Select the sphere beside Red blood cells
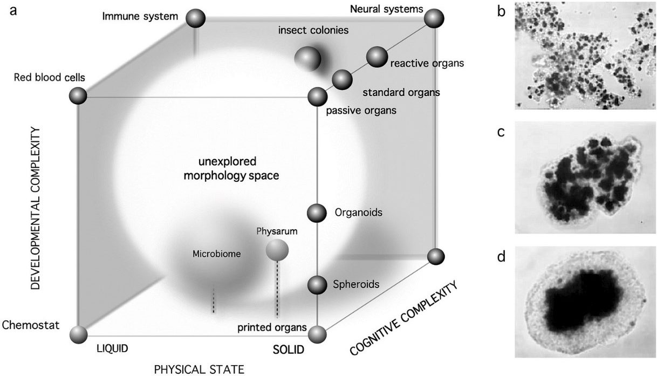coord(78,97)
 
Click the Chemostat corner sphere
coord(79,334)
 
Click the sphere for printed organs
coord(317,334)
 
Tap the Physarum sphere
coord(277,250)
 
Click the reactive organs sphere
coord(377,57)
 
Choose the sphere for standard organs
coord(343,80)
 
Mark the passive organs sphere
coord(317,97)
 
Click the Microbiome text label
coord(216,253)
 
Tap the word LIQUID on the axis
coord(112,348)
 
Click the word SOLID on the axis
coord(289,350)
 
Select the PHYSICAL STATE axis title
coord(199,369)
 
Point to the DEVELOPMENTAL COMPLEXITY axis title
coord(36,208)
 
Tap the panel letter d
coord(501,257)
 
